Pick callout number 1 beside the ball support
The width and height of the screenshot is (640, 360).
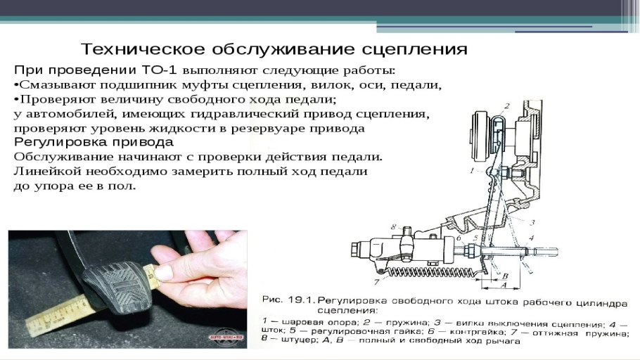pos(472,171)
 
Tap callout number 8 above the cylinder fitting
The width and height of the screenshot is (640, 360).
pos(395,226)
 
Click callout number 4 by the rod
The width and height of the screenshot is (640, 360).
pos(532,238)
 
